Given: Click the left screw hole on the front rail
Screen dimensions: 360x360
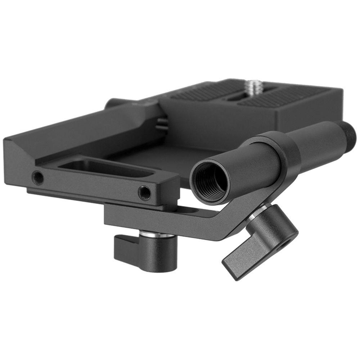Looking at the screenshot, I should point(37,177).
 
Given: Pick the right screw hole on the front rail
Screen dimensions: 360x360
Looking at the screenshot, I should point(144,192).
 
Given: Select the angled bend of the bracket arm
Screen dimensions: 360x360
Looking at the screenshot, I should point(230,223).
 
